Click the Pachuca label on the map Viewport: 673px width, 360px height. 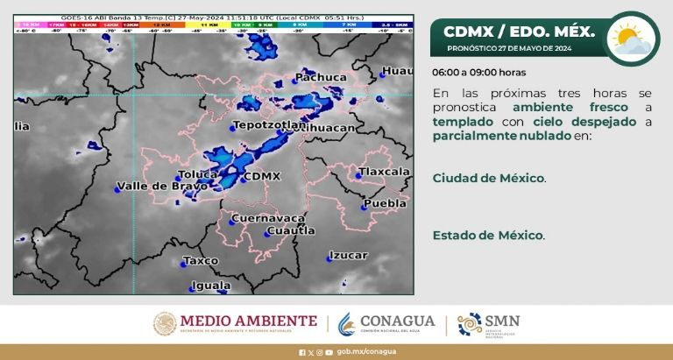pyautogui.click(x=322, y=78)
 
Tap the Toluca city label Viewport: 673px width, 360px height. pyautogui.click(x=196, y=174)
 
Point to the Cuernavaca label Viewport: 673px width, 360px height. pyautogui.click(x=268, y=217)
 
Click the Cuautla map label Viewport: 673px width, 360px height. pyautogui.click(x=290, y=230)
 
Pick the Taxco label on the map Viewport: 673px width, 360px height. pyautogui.click(x=201, y=260)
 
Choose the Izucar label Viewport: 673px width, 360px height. pyautogui.click(x=348, y=256)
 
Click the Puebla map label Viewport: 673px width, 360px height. pyautogui.click(x=386, y=203)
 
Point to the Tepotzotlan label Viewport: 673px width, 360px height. pyautogui.click(x=271, y=125)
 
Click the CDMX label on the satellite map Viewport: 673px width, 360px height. pyautogui.click(x=262, y=176)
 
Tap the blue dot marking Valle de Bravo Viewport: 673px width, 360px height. pyautogui.click(x=117, y=187)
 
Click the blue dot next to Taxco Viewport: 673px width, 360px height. pyautogui.click(x=184, y=262)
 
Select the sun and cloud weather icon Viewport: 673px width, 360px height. pyautogui.click(x=634, y=38)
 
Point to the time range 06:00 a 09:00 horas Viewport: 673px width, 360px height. pyautogui.click(x=479, y=73)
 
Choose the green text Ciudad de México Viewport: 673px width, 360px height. pyautogui.click(x=488, y=178)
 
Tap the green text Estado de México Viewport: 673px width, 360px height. pyautogui.click(x=488, y=236)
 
